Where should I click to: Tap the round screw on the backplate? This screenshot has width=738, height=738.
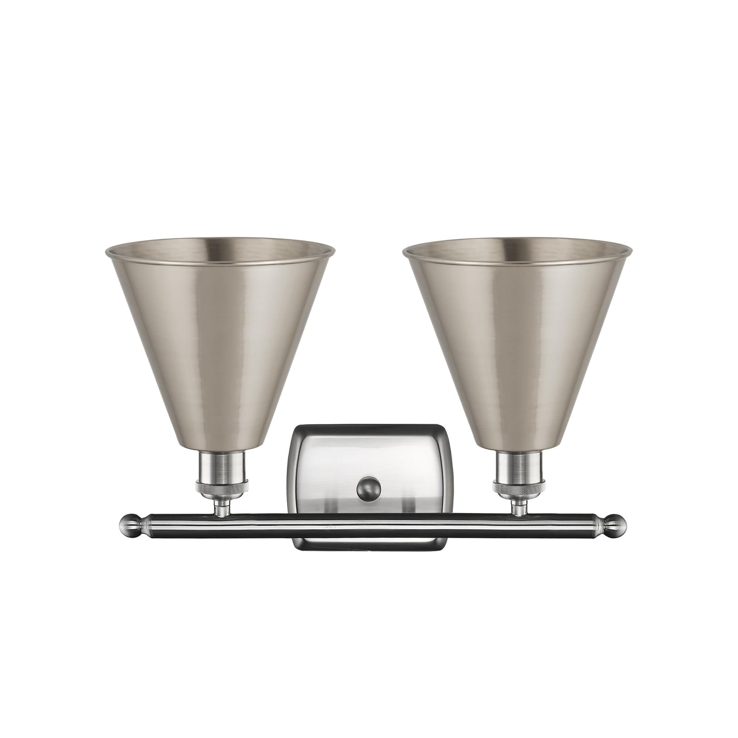[369, 488]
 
